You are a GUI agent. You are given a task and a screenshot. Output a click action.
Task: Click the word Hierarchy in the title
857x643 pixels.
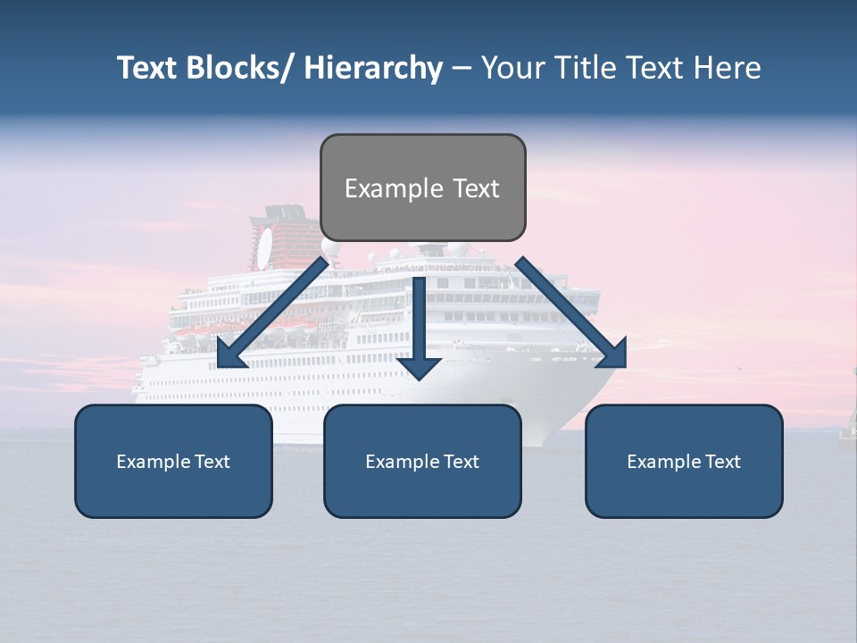point(373,68)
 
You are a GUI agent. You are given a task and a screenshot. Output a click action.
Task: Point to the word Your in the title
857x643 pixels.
point(512,68)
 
